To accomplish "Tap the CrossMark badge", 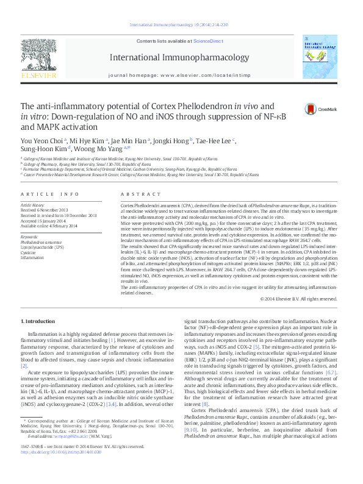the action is (312, 109).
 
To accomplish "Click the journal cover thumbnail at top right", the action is (319, 56).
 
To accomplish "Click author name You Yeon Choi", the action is (41, 141).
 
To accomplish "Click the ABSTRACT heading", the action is (134, 194).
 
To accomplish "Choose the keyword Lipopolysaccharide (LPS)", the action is (41, 247).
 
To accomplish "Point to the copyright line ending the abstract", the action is (298, 299).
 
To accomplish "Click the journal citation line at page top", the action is (179, 25).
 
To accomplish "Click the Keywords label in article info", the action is (29, 237).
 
